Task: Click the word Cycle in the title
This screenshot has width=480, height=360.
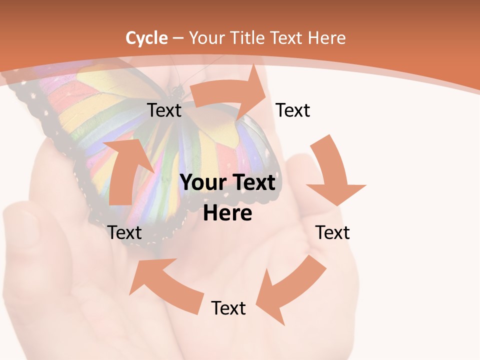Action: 146,38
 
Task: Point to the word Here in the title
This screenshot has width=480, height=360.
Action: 326,38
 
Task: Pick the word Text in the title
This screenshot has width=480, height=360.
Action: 286,38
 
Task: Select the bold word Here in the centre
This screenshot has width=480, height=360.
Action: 227,213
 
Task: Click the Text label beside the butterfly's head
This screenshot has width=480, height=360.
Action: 164,110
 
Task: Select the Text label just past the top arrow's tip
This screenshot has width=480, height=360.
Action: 293,110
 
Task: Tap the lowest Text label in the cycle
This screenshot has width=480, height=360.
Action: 228,308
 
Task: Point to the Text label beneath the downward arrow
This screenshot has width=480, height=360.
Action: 332,232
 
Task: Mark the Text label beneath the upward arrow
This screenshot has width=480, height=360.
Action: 124,232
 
